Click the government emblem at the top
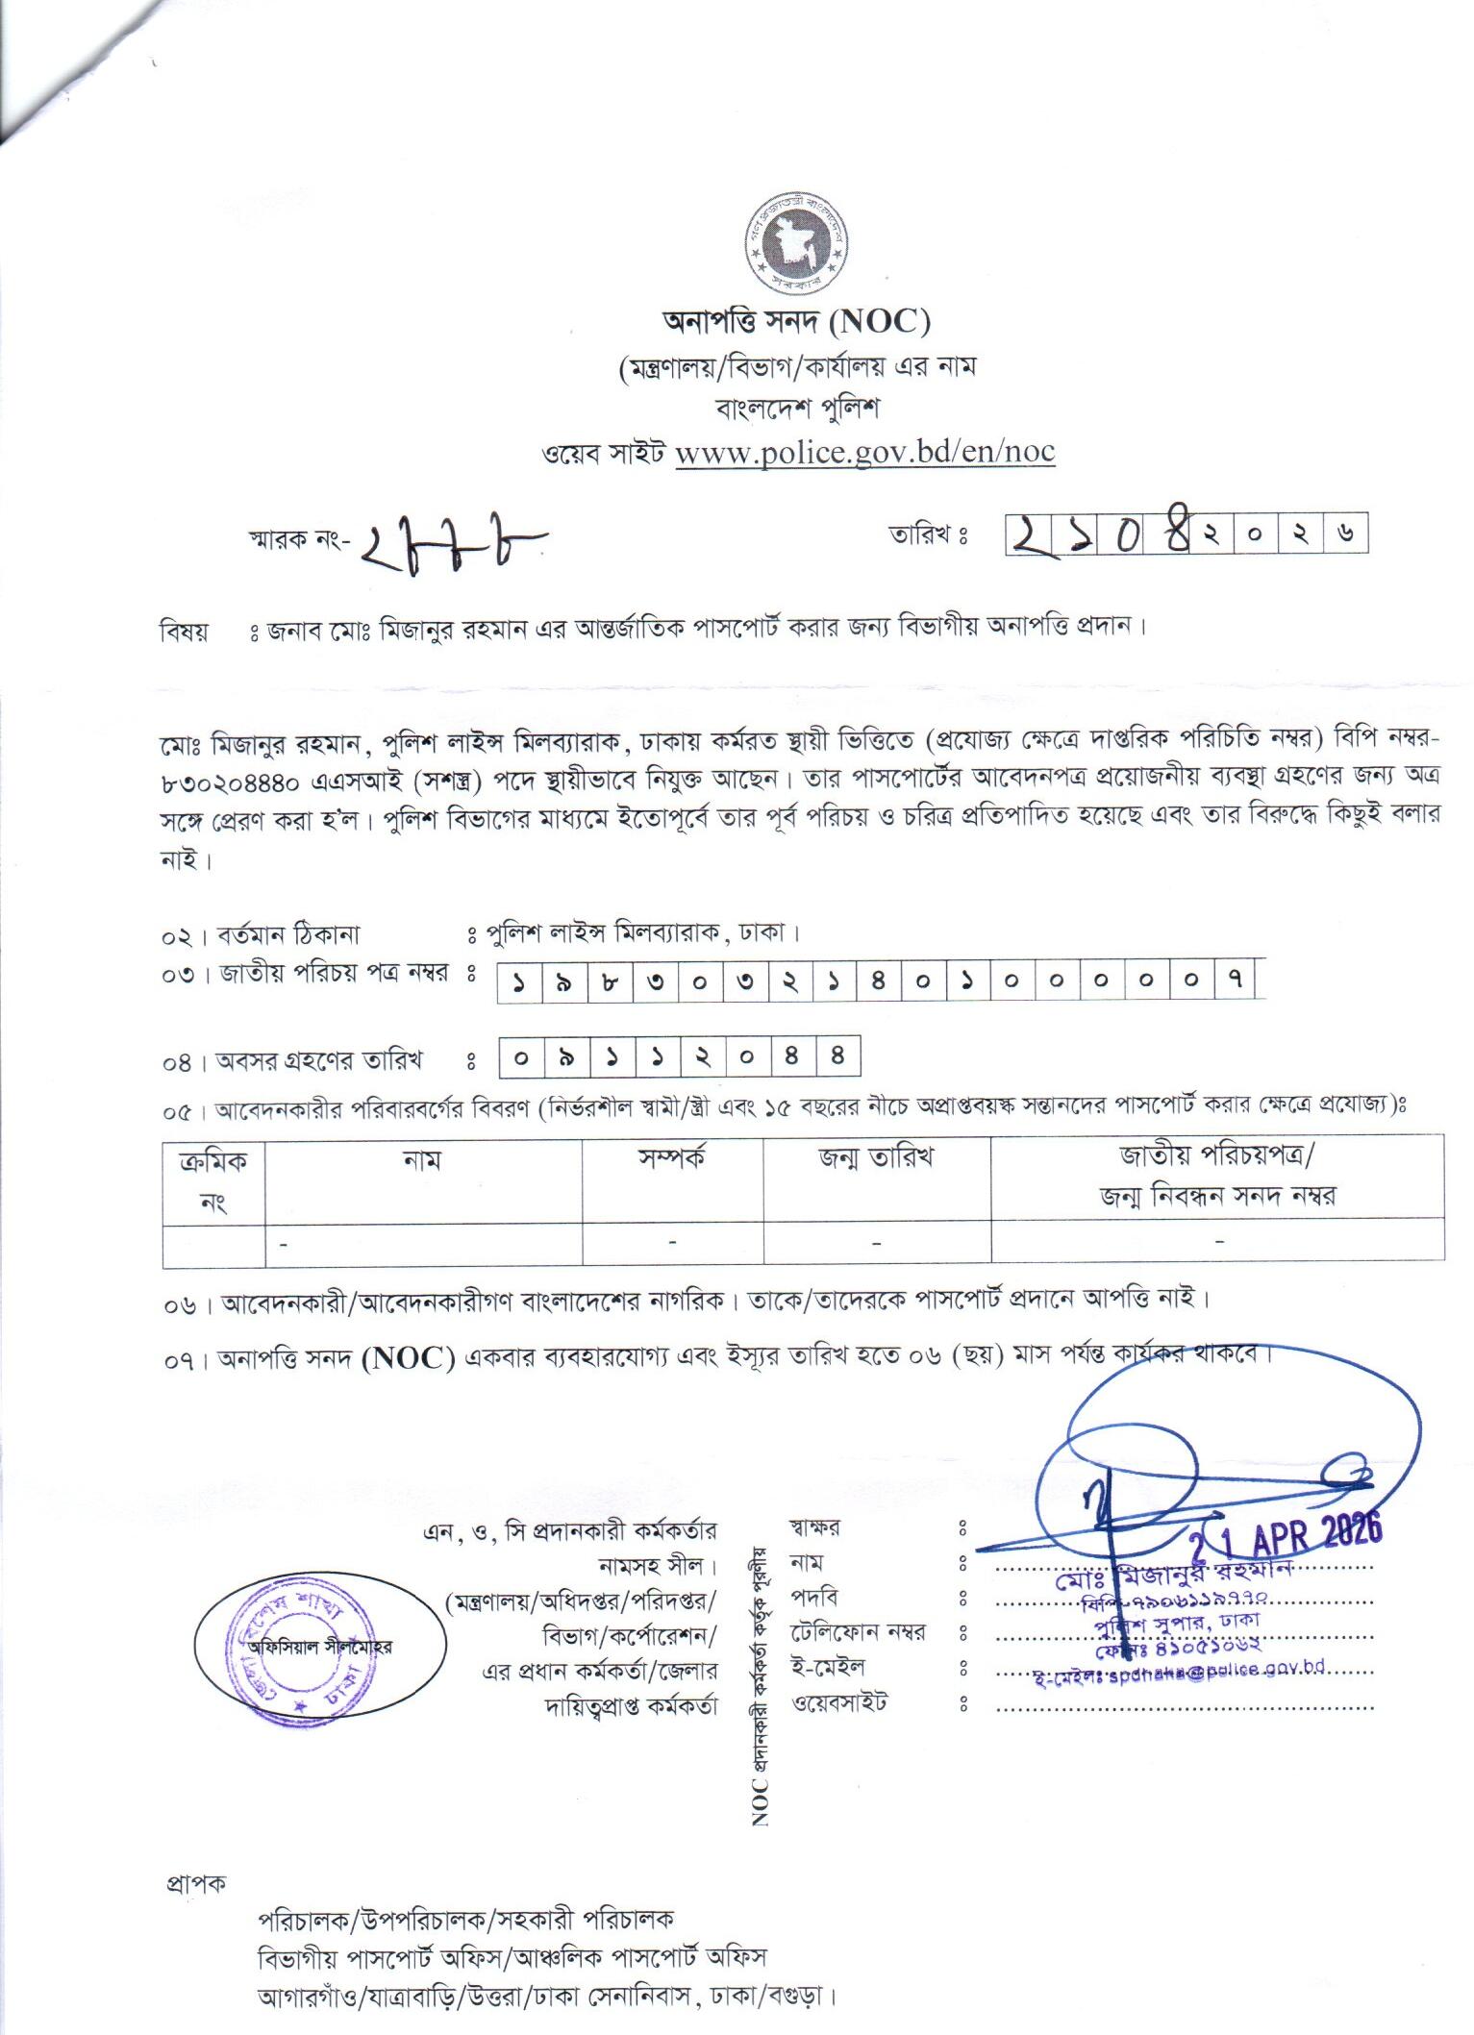(x=797, y=247)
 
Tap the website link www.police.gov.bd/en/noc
(x=864, y=452)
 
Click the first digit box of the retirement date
(x=521, y=1058)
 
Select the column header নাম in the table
(x=423, y=1159)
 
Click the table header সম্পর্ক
(x=672, y=1157)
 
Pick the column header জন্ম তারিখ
(x=876, y=1157)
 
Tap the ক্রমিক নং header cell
(x=213, y=1179)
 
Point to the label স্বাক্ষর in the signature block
(x=814, y=1526)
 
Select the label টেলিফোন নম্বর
(x=858, y=1631)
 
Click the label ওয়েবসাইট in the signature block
(x=838, y=1702)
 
